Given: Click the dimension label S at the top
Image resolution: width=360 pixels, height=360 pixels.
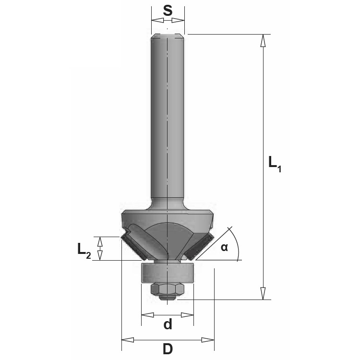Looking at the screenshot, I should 168,11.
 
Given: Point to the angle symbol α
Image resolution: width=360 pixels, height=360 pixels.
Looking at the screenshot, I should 224,248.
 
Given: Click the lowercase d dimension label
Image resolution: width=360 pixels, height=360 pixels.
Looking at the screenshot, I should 168,325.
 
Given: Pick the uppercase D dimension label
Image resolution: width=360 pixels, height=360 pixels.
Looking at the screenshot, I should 168,349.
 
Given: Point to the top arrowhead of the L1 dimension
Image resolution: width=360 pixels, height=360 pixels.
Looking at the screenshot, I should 263,40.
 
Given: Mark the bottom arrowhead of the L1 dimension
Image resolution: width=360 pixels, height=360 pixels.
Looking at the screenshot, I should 263,293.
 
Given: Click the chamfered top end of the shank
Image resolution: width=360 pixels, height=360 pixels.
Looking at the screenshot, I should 168,36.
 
